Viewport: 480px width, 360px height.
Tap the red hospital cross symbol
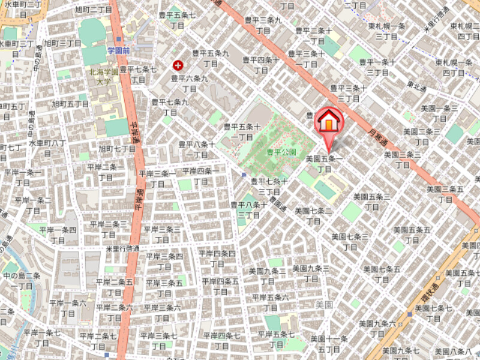tap(178, 65)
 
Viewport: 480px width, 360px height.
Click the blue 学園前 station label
tap(119, 50)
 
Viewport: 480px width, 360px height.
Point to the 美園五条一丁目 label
tap(324, 164)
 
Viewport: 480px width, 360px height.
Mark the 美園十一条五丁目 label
tap(329, 344)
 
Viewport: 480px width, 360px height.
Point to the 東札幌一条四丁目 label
tap(454, 67)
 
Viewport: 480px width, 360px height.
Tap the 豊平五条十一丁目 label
tap(242, 131)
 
